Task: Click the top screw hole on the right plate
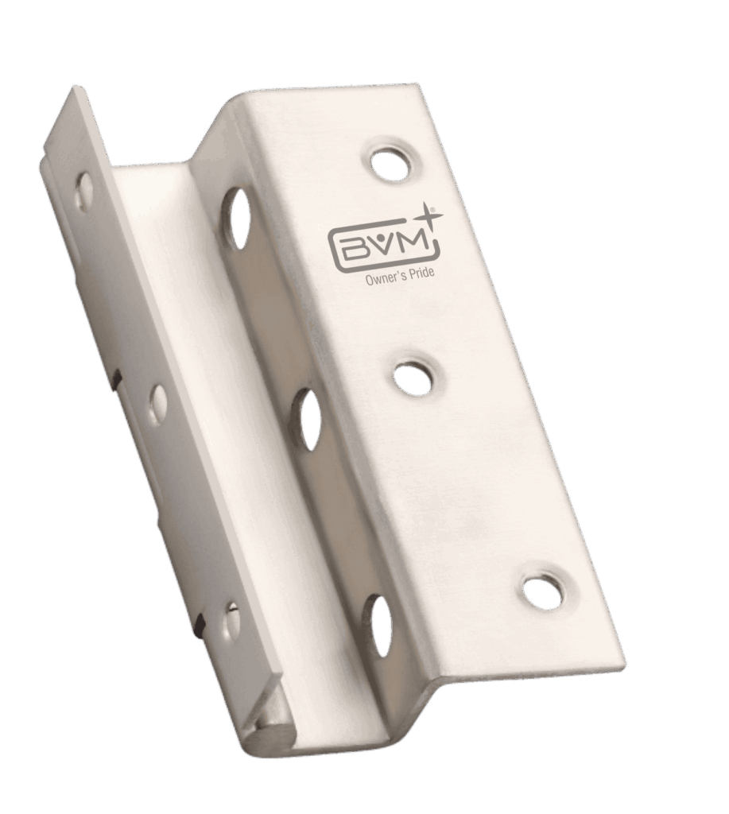pos(392,164)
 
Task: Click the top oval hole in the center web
pos(237,218)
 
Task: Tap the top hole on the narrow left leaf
pos(83,192)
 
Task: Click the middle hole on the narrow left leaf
pos(158,403)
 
